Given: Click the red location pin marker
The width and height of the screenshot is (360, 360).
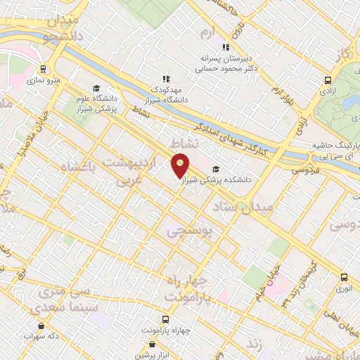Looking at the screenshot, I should (181, 165).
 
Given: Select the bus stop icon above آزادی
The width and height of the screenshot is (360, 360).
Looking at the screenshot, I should (328, 80).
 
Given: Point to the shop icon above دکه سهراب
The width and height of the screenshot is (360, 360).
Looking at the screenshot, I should (41, 326).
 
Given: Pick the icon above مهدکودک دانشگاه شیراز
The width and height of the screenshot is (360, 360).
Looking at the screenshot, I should (166, 79).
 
